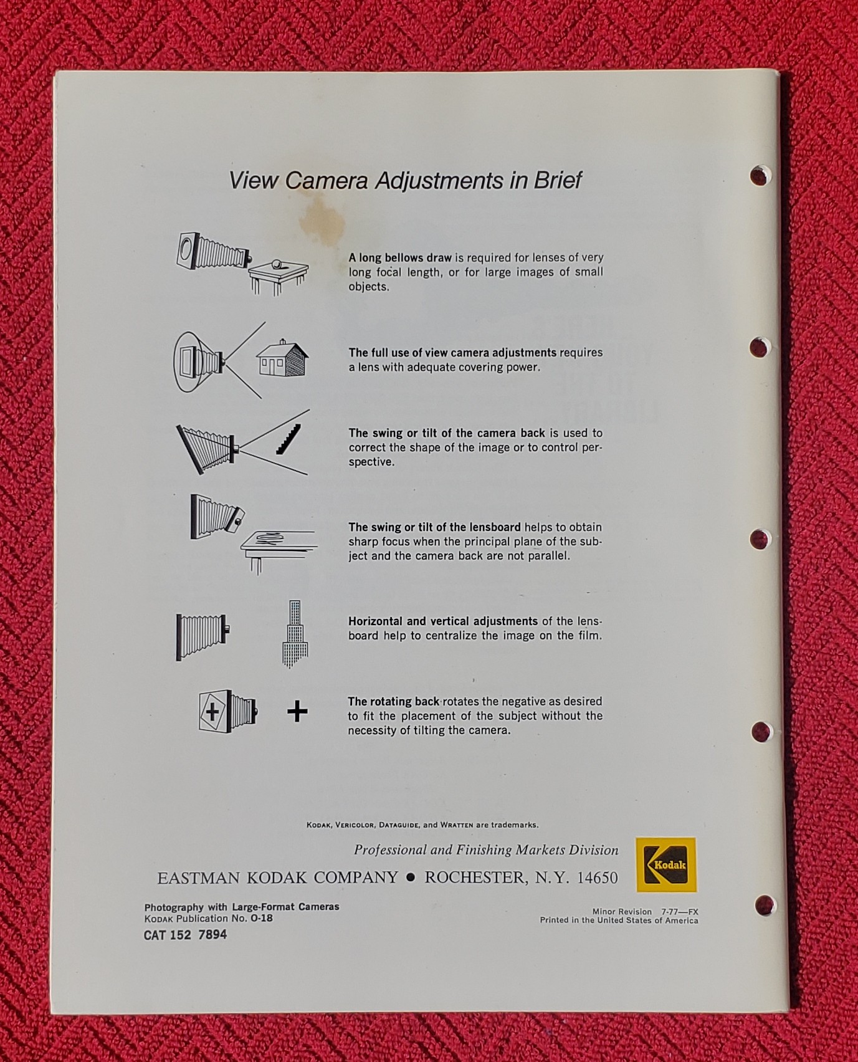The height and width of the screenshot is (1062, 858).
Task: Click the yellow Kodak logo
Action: (665, 864)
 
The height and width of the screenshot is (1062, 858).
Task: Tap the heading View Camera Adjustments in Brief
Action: (405, 180)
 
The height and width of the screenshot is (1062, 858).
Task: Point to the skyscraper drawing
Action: (295, 634)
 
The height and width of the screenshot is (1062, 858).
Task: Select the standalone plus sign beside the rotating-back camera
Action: (297, 711)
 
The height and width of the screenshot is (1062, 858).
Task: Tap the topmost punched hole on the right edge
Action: (759, 176)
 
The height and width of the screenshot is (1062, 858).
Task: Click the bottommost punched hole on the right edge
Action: (765, 905)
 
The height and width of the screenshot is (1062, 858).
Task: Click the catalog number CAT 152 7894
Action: (185, 935)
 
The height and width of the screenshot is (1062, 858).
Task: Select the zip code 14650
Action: (597, 878)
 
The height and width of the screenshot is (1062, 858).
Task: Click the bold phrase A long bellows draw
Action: (400, 257)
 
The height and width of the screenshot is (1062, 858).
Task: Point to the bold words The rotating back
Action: (394, 702)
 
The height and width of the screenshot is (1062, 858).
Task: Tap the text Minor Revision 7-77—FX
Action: (645, 912)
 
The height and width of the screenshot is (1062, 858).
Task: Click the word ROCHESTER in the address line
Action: (474, 878)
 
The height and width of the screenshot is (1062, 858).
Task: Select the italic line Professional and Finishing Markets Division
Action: (486, 850)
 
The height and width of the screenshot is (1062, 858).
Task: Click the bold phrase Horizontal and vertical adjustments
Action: (443, 621)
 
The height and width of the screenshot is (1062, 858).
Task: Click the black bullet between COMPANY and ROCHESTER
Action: (411, 878)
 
